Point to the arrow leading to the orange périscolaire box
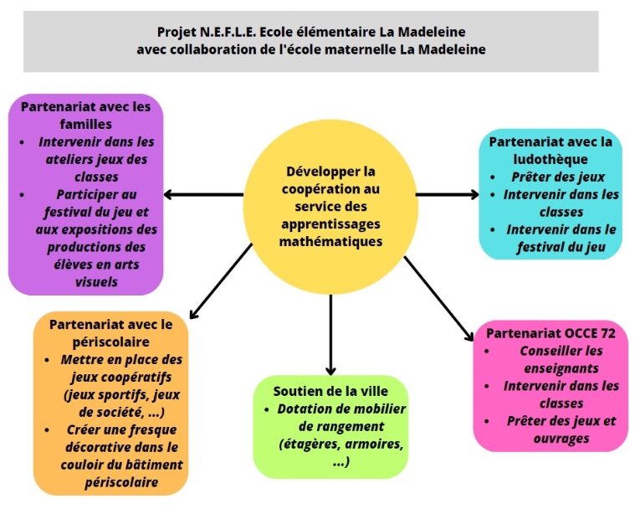(221, 280)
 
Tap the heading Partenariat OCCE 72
(550, 332)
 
